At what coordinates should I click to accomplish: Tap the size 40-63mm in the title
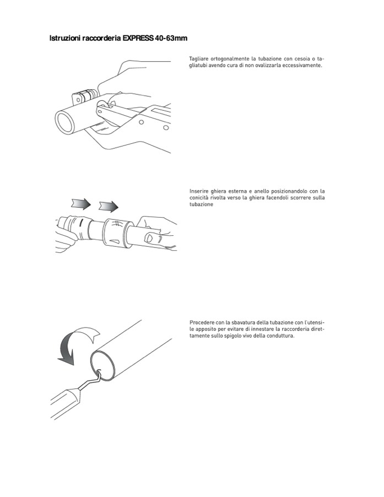171,39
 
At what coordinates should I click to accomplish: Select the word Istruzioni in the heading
65,39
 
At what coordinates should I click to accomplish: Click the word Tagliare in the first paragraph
198,60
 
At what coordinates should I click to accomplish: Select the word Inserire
199,191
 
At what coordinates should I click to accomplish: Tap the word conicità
199,198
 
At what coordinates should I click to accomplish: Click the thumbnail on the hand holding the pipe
148,237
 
